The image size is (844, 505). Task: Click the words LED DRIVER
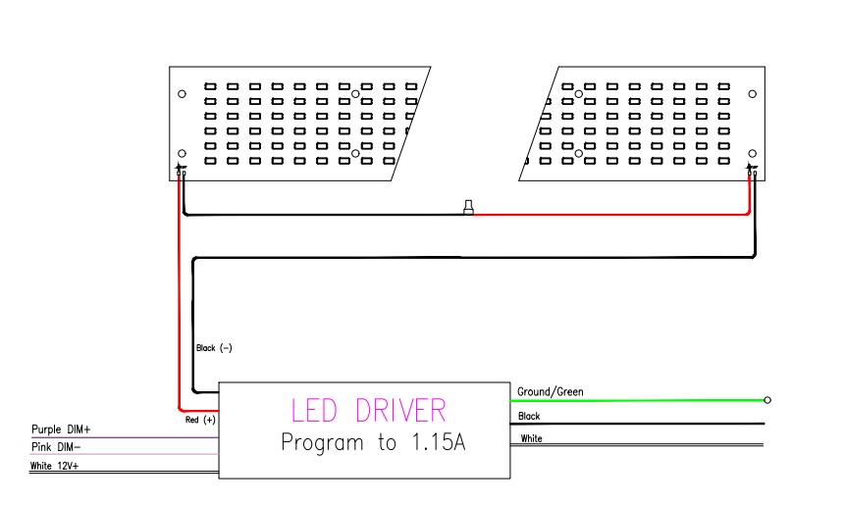[367, 411]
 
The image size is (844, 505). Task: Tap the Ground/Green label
[550, 392]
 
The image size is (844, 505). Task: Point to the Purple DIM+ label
[61, 429]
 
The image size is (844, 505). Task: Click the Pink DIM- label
[56, 447]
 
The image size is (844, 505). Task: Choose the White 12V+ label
[55, 465]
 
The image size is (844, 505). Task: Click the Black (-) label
[214, 348]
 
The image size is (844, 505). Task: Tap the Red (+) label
[200, 419]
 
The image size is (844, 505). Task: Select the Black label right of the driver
[529, 417]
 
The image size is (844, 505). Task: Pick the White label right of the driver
[531, 438]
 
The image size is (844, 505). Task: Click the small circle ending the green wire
[766, 400]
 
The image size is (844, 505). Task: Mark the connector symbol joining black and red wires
[468, 208]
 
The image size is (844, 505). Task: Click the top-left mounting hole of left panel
[182, 94]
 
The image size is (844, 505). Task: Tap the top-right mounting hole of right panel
[753, 94]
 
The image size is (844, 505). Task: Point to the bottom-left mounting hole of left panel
[182, 154]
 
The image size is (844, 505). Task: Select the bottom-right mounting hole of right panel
[753, 154]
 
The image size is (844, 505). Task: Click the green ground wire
[638, 400]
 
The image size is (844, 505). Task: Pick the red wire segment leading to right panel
[608, 214]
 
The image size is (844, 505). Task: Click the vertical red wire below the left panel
[180, 294]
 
